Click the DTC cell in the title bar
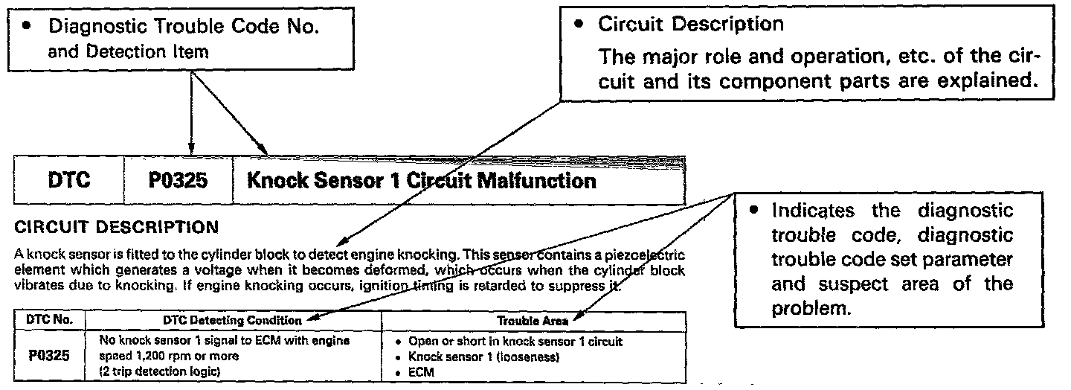pos(68,181)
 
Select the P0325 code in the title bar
pos(178,181)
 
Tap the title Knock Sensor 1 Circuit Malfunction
pos(421,181)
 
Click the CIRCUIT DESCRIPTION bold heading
pos(117,226)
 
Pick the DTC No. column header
pos(48,320)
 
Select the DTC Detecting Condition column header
pos(232,320)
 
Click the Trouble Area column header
pos(533,320)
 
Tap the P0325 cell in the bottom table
pos(49,355)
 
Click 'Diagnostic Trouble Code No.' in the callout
pos(184,26)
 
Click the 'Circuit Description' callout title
pos(690,24)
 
